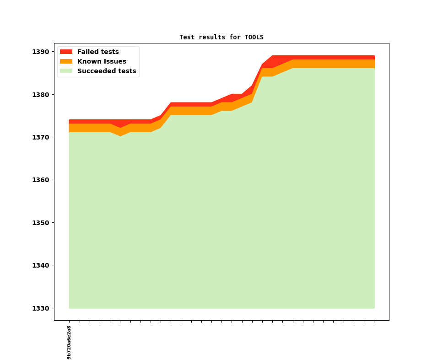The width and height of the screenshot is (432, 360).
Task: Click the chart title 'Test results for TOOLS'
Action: point(221,37)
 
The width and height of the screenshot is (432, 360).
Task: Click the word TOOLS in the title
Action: point(254,37)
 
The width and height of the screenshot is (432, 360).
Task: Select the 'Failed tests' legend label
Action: point(98,52)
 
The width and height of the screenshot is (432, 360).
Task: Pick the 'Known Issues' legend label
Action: point(102,61)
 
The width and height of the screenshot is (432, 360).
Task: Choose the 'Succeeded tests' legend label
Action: point(107,71)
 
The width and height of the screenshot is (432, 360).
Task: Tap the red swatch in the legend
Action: point(66,52)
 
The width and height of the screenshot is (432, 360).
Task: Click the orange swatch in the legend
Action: point(66,61)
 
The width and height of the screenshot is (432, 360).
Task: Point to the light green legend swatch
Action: point(66,71)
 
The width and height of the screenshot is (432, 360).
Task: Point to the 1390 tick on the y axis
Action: point(40,52)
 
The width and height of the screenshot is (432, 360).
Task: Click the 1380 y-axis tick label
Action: point(40,95)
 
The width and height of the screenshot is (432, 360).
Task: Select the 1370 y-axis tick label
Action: point(40,137)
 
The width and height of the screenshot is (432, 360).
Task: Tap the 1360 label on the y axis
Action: point(40,180)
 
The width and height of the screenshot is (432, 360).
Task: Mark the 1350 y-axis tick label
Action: point(40,223)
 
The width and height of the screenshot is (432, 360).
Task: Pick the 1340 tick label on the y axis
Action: point(40,265)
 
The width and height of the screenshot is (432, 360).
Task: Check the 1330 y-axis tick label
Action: point(40,308)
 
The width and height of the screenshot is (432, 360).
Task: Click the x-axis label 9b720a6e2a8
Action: point(69,342)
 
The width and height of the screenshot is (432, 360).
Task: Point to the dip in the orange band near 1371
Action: point(120,132)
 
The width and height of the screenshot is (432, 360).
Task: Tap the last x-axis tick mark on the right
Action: point(374,322)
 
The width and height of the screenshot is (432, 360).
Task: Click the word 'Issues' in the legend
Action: point(114,61)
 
